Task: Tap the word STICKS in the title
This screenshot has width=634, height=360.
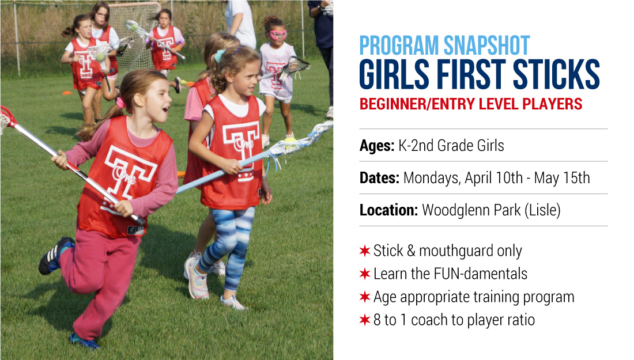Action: click(x=556, y=74)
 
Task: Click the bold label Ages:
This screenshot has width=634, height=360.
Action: click(x=377, y=146)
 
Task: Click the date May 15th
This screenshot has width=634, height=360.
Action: click(x=562, y=178)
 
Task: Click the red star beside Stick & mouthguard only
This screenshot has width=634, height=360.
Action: click(x=365, y=251)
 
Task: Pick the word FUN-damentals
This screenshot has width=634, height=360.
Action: click(x=480, y=274)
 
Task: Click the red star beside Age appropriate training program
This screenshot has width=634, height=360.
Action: click(x=365, y=297)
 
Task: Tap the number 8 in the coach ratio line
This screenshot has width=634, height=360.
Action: click(x=378, y=320)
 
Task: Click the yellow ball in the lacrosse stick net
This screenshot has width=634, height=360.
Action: click(x=290, y=142)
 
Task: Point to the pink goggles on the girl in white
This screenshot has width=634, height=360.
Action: click(x=278, y=35)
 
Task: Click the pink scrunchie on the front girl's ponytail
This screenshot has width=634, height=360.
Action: click(x=120, y=103)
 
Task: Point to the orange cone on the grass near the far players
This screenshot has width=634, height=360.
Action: click(x=67, y=93)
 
